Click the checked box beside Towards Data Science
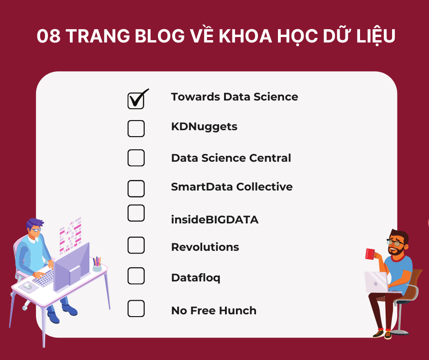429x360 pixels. [x=136, y=101]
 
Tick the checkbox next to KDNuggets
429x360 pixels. [x=136, y=129]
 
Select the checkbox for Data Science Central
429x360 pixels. [x=136, y=158]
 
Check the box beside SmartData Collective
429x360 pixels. [x=136, y=188]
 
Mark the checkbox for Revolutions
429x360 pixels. [x=136, y=245]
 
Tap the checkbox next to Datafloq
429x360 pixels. [x=136, y=275]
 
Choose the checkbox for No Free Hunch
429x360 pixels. [x=136, y=308]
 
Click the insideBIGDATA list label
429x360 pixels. [x=214, y=220]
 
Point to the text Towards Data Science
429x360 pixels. [x=234, y=97]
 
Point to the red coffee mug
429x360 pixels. [x=370, y=254]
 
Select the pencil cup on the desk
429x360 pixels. [x=97, y=266]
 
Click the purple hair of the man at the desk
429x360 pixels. [x=35, y=223]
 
